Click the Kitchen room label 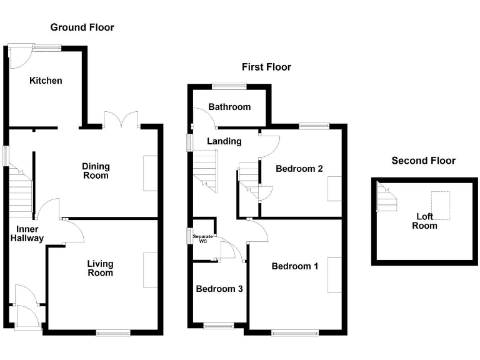point(46,81)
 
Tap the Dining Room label point(96,171)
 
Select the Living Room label point(100,268)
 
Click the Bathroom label point(229,107)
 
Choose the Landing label point(224,141)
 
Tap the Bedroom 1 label point(295,266)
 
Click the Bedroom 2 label point(299,168)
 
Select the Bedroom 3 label point(219,289)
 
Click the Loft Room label point(424,221)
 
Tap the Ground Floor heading point(82,27)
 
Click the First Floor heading point(267,67)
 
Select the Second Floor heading point(423,161)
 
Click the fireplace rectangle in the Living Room point(151,270)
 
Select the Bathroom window point(229,86)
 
